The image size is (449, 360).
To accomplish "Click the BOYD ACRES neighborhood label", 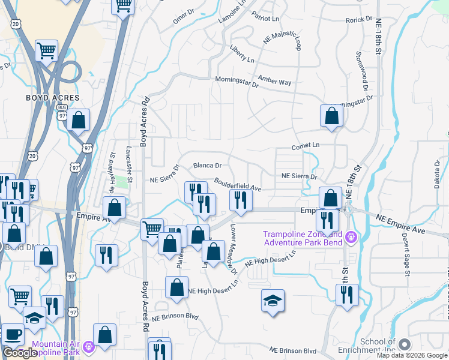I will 52,97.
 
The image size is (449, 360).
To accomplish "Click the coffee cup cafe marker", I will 13,335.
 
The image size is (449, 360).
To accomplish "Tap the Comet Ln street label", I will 306,146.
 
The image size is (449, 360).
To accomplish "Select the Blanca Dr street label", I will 207,165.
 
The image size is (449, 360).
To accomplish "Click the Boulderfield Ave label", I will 238,185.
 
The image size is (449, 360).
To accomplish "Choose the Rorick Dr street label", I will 360,20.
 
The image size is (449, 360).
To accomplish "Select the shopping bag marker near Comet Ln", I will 331,116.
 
